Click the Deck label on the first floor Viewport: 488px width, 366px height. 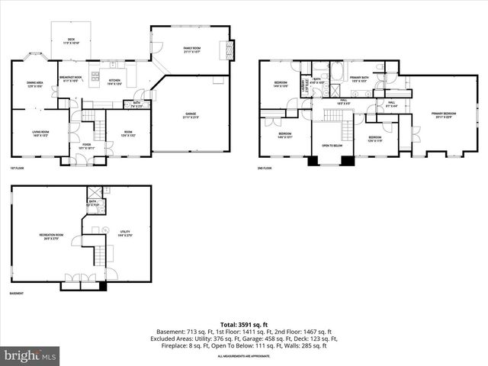[x=71, y=40]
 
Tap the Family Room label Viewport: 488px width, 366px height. [x=191, y=50]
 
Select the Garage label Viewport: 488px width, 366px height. [x=189, y=116]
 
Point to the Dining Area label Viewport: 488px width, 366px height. [x=34, y=84]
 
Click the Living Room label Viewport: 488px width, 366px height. [x=40, y=135]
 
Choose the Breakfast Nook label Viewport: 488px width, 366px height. [x=71, y=79]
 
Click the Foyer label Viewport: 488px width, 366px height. [x=76, y=145]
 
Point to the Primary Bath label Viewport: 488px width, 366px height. [x=360, y=79]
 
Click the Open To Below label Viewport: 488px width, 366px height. [x=331, y=146]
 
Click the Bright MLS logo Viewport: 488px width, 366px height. [x=30, y=355]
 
